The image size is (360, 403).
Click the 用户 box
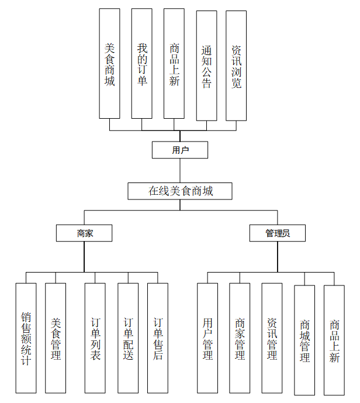pyautogui.click(x=180, y=150)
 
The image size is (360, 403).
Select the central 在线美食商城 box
pyautogui.click(x=180, y=191)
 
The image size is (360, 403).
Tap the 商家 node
pyautogui.click(x=84, y=233)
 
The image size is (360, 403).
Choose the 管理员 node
pyautogui.click(x=278, y=233)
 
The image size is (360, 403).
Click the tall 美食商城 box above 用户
pyautogui.click(x=109, y=64)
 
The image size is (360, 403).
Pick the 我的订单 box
pyautogui.click(x=142, y=64)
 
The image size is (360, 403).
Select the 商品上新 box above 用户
pyautogui.click(x=174, y=64)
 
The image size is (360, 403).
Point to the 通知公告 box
pyautogui.click(x=206, y=66)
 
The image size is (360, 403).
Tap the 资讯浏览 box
pyautogui.click(x=236, y=66)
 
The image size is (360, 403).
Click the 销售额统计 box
pyautogui.click(x=26, y=338)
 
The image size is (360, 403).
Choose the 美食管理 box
pyautogui.click(x=56, y=338)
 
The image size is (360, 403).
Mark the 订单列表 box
pyautogui.click(x=95, y=338)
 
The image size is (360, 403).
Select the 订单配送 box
pyautogui.click(x=128, y=338)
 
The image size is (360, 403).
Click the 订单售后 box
pyautogui.click(x=158, y=338)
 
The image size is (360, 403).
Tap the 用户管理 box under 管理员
pyautogui.click(x=207, y=338)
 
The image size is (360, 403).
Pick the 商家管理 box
pyautogui.click(x=240, y=338)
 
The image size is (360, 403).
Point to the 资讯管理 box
pyautogui.click(x=272, y=338)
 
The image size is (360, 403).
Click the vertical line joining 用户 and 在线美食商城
pyautogui.click(x=180, y=171)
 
